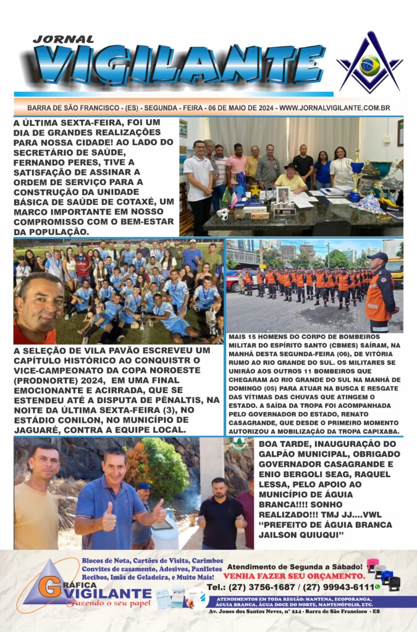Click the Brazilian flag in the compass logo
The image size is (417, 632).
(x=370, y=65)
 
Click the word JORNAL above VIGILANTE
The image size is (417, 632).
(x=64, y=39)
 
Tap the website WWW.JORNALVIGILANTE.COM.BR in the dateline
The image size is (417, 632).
(x=334, y=107)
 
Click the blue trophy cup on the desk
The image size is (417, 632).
(x=357, y=167)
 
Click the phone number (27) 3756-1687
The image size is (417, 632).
(x=255, y=587)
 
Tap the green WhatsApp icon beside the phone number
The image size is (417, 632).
(x=377, y=587)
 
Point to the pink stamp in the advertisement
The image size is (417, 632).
(x=372, y=564)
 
